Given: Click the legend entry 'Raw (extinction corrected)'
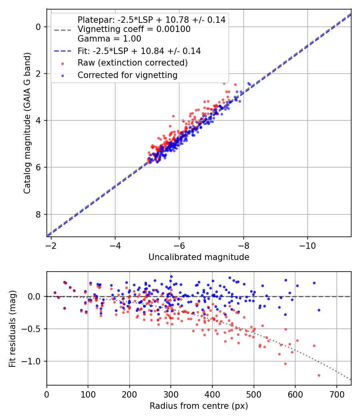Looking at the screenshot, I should tap(132, 63).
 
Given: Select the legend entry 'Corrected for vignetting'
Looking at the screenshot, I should tap(128, 75).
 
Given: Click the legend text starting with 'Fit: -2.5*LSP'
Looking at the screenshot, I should tap(139, 51).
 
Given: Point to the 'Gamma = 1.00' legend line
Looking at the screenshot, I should tap(109, 39).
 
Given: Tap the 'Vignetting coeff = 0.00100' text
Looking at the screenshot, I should tap(134, 29).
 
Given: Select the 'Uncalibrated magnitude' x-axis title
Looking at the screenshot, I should tap(199, 257).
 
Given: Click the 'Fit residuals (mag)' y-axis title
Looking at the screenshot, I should tap(12, 328).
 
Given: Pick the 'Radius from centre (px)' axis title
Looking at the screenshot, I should tap(199, 406).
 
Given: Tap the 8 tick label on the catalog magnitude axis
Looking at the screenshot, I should tap(38, 214).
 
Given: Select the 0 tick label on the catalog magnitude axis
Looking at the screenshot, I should tap(38, 27).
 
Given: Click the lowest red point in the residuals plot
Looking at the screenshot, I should tap(319, 375).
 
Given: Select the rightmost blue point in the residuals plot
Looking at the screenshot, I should tap(319, 310).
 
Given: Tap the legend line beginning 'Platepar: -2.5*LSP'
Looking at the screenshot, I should tap(152, 20).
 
